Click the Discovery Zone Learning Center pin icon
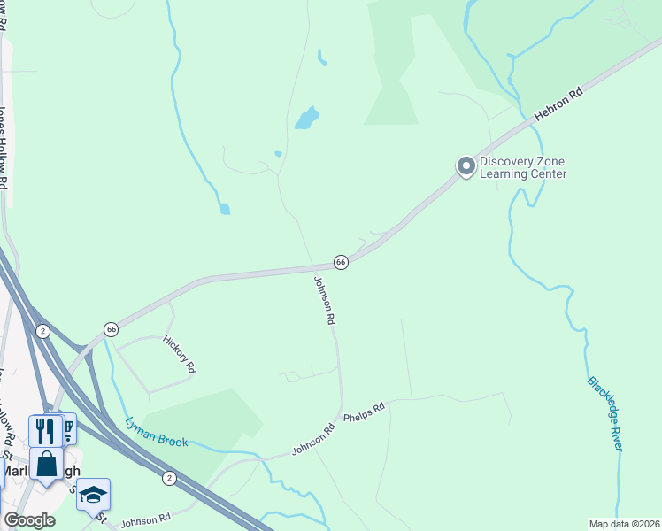465,166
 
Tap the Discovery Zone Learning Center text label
522,168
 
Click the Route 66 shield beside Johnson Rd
341,262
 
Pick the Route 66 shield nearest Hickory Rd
111,328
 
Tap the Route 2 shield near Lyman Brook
169,478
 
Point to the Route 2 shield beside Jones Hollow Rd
42,331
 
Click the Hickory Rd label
178,355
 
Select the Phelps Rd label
364,412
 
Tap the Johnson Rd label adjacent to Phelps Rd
314,439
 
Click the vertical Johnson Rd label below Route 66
324,300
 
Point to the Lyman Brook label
157,431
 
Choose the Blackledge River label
605,413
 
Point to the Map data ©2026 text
623,524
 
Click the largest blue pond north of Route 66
307,118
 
